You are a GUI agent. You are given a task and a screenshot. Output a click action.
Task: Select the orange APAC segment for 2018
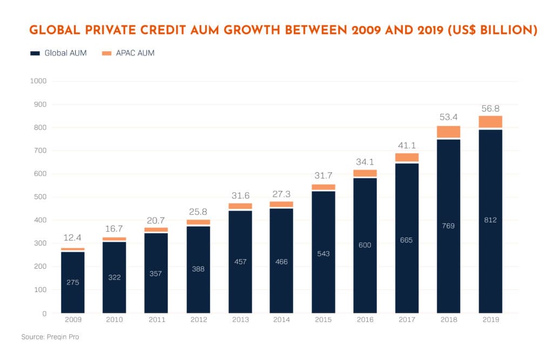click(448, 132)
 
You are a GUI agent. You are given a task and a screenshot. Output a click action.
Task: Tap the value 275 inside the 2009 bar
click(73, 282)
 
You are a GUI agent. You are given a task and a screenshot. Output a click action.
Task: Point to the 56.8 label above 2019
click(490, 107)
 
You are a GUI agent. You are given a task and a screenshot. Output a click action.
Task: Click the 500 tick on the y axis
click(40, 197)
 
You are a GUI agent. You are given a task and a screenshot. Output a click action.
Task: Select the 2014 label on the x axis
click(282, 320)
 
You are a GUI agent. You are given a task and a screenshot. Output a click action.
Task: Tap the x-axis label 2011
click(156, 320)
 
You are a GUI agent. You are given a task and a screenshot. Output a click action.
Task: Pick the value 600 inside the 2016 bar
click(365, 245)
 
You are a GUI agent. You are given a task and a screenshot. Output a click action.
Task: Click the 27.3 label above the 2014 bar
click(282, 193)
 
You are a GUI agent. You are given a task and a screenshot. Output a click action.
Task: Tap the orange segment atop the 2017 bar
click(407, 157)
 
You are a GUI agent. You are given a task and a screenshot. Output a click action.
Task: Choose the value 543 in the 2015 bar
click(323, 254)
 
